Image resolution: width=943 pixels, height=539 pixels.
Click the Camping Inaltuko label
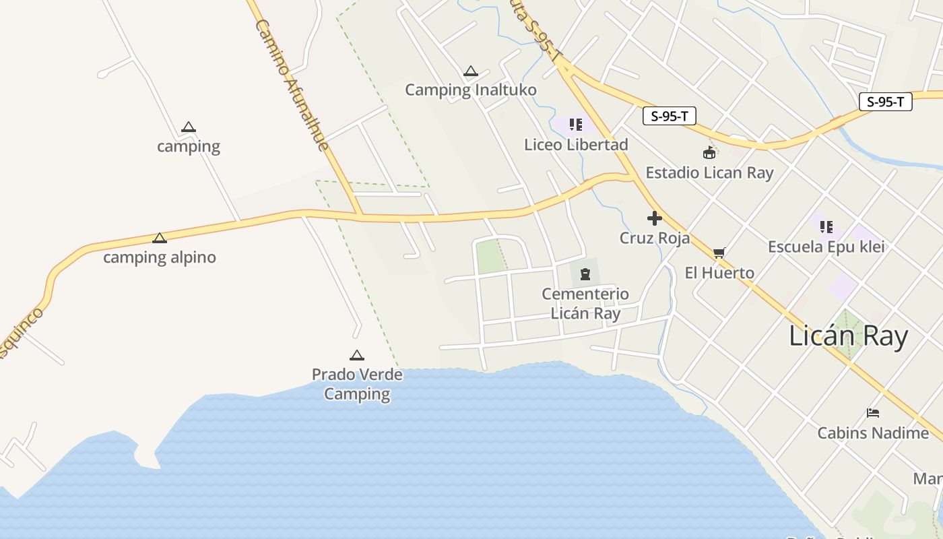click(x=470, y=90)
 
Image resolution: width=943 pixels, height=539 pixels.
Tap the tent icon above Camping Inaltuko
click(x=471, y=71)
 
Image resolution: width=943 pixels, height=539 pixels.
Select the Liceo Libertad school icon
click(x=575, y=125)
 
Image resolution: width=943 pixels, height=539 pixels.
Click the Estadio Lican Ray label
click(x=709, y=172)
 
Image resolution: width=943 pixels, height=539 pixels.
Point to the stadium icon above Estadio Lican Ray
click(x=709, y=153)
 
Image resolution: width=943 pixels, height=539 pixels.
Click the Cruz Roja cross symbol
click(x=654, y=218)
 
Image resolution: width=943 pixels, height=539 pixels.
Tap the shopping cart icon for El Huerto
click(x=719, y=253)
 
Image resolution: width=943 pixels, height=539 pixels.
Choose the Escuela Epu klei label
click(x=826, y=247)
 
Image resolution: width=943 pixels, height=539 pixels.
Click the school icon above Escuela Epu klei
click(x=826, y=227)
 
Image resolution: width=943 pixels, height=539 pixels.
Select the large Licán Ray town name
click(x=848, y=336)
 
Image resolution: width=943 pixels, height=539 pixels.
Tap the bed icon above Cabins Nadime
click(x=873, y=412)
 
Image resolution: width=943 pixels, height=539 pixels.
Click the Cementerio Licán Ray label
click(x=585, y=304)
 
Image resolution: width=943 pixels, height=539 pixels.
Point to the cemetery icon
click(x=585, y=274)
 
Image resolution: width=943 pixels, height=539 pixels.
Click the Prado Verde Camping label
click(x=357, y=384)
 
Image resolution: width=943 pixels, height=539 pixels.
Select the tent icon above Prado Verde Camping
click(x=357, y=355)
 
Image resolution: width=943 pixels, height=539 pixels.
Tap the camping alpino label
click(x=160, y=257)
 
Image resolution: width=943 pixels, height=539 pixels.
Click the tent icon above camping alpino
click(x=160, y=238)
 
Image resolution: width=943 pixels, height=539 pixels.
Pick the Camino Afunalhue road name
click(x=293, y=85)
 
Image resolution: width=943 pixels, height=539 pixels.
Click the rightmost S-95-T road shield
click(x=885, y=102)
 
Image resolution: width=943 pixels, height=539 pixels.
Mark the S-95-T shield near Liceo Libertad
click(x=669, y=116)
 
